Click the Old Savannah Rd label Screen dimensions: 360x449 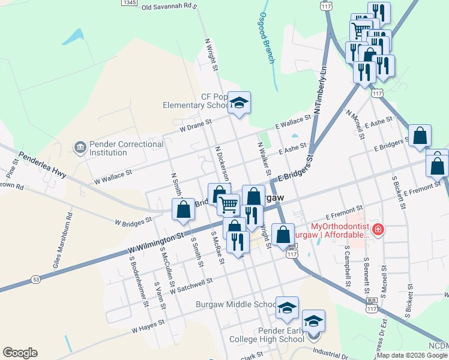169,7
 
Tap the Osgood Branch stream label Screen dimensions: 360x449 267,38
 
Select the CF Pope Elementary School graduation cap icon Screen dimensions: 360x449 239,103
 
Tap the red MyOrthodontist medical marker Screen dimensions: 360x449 378,229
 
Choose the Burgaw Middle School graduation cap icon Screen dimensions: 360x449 287,308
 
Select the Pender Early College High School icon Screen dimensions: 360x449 313,322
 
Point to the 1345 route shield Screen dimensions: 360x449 128,3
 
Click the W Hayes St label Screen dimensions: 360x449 148,326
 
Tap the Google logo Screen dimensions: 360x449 20,353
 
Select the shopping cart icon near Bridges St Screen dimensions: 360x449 228,205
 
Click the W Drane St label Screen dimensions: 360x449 196,125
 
